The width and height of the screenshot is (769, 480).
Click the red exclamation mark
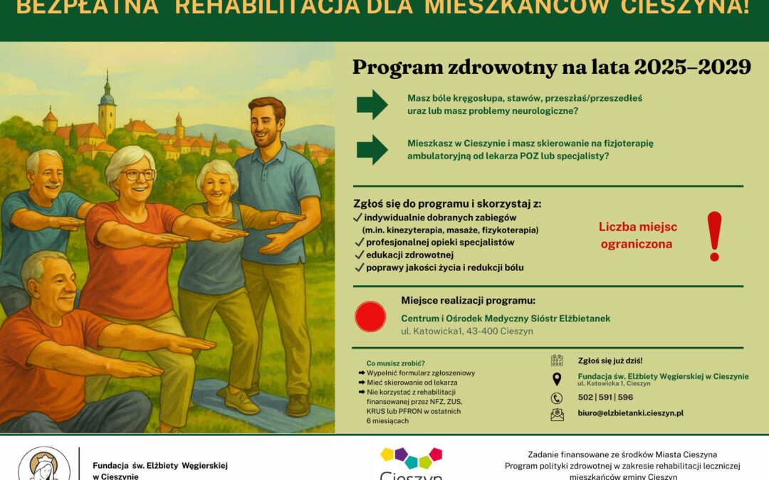pyautogui.click(x=714, y=235)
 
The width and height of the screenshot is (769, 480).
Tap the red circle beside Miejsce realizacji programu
pyautogui.click(x=370, y=316)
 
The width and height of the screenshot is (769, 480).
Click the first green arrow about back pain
pyautogui.click(x=372, y=105)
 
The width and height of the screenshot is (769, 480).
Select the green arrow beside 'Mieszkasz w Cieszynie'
pyautogui.click(x=372, y=149)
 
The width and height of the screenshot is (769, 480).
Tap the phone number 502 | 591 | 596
pyautogui.click(x=605, y=398)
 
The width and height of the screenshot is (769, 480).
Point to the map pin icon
pyautogui.click(x=557, y=379)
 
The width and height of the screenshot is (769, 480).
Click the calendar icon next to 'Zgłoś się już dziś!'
pyautogui.click(x=557, y=361)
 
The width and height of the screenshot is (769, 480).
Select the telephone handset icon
pyautogui.click(x=557, y=398)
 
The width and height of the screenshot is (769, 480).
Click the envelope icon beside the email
pyautogui.click(x=557, y=415)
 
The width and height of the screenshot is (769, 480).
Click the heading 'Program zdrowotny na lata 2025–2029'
pyautogui.click(x=552, y=68)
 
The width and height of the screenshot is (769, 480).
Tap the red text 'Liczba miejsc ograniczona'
pyautogui.click(x=637, y=235)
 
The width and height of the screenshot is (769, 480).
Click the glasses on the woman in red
pyautogui.click(x=138, y=174)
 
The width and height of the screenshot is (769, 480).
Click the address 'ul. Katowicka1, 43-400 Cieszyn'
pyautogui.click(x=466, y=331)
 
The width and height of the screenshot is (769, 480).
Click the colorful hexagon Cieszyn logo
pyautogui.click(x=411, y=458)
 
